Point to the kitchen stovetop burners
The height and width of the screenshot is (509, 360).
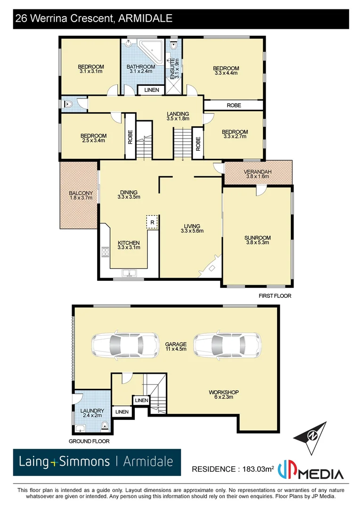click(x=105, y=256)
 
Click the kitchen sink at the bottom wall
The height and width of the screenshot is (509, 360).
click(x=128, y=273)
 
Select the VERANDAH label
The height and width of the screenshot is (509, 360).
click(x=258, y=172)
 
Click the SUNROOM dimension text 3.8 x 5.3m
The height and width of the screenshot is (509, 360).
click(x=257, y=243)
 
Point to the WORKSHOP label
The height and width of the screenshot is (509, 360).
click(x=224, y=392)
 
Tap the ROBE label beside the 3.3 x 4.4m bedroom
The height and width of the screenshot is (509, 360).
click(x=233, y=105)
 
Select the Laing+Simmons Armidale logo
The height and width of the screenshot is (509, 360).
click(x=97, y=461)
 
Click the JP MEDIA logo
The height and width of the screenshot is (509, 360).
click(x=311, y=471)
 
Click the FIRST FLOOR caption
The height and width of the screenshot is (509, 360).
click(x=275, y=296)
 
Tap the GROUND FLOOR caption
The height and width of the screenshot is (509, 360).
click(x=89, y=442)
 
